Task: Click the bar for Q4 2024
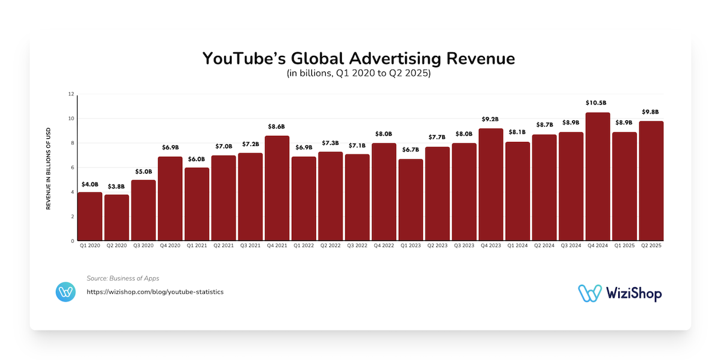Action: pos(598,177)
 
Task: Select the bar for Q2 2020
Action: pos(117,218)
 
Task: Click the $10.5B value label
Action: pos(598,103)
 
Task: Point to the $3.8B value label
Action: pos(117,186)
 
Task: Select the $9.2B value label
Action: pos(491,119)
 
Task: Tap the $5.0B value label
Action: pos(144,171)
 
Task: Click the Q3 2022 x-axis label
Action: pos(357,246)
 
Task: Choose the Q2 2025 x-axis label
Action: pos(651,246)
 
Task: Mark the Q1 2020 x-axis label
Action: pos(90,246)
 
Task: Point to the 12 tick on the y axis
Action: pos(71,94)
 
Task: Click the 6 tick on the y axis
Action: pos(72,168)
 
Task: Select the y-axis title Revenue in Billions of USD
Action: pos(49,168)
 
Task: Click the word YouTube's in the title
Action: pos(244,59)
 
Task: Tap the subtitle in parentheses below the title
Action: pos(358,75)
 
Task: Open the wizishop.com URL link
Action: pos(155,292)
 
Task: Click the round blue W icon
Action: pos(65,292)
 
